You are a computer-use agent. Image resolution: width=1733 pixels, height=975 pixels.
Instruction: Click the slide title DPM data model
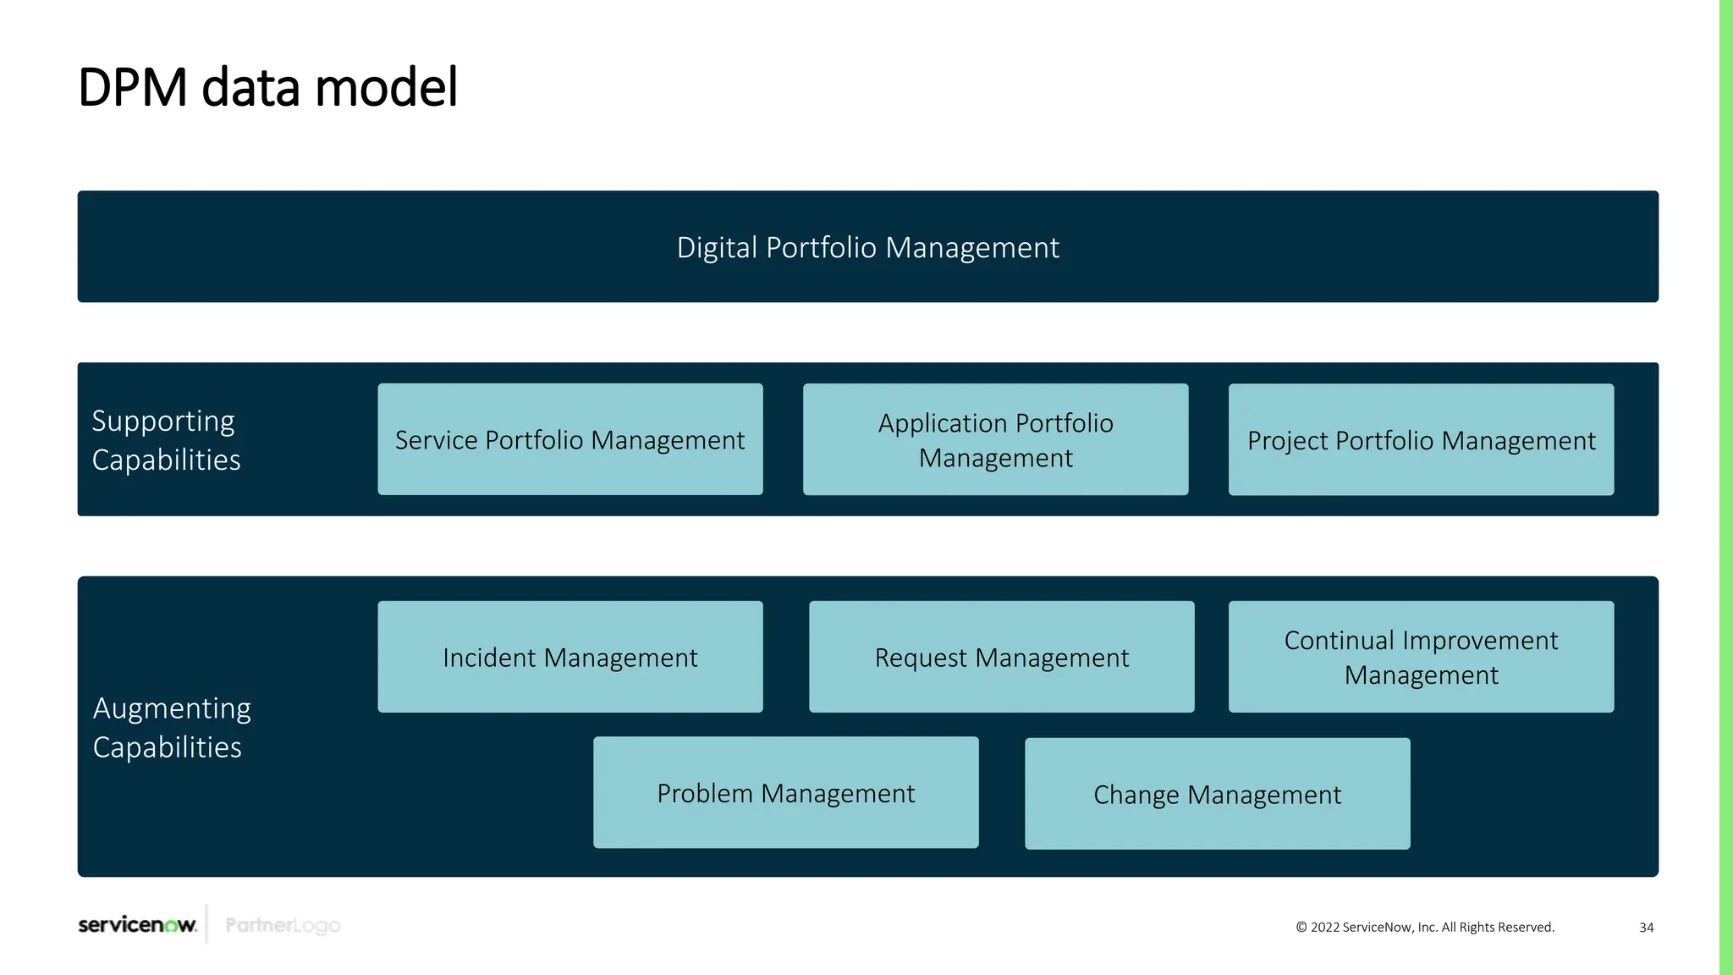(x=267, y=87)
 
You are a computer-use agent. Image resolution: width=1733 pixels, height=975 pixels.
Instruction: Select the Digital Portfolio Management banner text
(x=867, y=247)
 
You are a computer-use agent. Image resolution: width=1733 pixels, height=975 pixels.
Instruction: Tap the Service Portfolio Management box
(x=569, y=440)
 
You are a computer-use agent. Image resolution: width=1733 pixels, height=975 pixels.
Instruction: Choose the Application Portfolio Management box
(x=995, y=440)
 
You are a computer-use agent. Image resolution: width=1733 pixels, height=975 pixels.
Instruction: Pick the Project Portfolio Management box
(x=1421, y=440)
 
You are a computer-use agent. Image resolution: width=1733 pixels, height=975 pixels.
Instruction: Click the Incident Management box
(x=569, y=658)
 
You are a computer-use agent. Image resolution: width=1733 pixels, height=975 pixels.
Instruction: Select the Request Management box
(x=1001, y=658)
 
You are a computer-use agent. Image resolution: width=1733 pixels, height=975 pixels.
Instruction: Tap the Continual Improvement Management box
(x=1421, y=658)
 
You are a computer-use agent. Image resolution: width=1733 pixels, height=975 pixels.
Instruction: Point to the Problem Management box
(x=785, y=793)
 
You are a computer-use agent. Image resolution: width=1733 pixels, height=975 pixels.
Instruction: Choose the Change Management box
(x=1217, y=795)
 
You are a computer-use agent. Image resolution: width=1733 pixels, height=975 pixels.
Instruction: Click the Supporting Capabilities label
(x=166, y=440)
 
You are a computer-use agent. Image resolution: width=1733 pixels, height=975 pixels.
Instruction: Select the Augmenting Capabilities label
(x=172, y=727)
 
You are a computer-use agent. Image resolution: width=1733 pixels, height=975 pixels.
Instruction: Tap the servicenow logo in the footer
(x=137, y=924)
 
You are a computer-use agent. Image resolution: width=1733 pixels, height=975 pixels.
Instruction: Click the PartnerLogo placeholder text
(x=283, y=925)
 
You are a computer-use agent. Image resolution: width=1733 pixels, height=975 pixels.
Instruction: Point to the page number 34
(x=1646, y=928)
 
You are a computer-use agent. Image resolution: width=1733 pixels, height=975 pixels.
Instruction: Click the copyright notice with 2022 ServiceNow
(x=1425, y=928)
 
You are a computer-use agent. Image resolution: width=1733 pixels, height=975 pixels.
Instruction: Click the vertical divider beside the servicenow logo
(x=206, y=923)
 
